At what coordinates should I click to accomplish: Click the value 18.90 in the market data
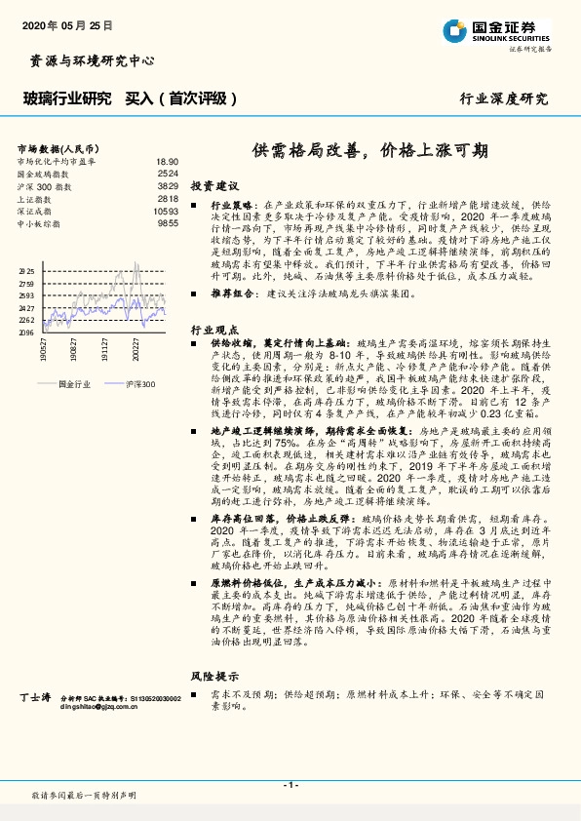(x=167, y=161)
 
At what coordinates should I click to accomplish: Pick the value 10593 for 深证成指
(x=166, y=211)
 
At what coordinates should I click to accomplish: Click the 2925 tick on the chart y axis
(x=26, y=271)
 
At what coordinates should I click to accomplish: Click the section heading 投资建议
(x=214, y=185)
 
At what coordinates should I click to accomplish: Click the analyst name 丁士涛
(x=34, y=698)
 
